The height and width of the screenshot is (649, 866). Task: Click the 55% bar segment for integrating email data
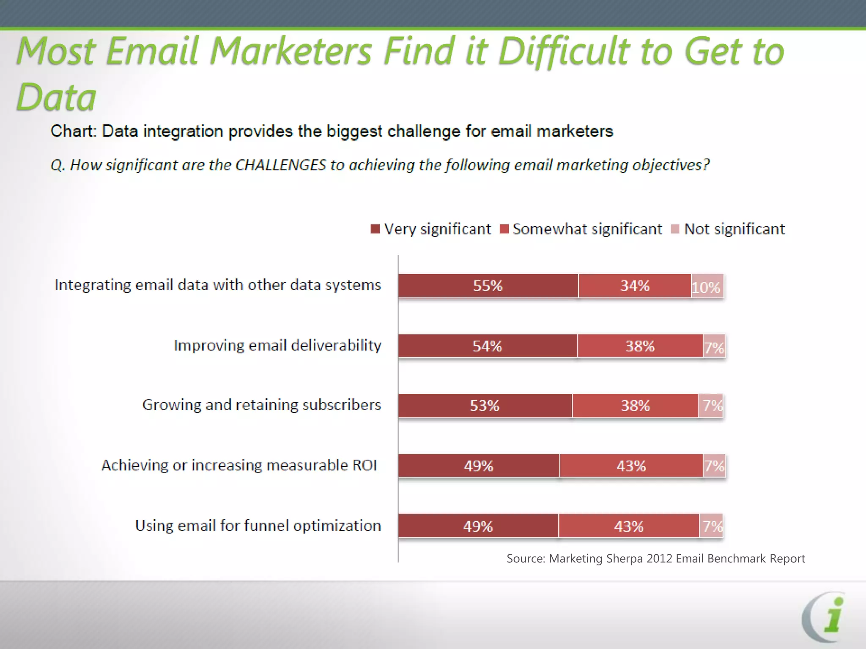tap(488, 286)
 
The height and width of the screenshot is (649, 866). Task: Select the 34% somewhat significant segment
tap(635, 286)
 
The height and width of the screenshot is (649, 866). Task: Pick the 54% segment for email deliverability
tap(488, 346)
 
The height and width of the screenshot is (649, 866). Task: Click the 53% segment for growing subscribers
tap(485, 406)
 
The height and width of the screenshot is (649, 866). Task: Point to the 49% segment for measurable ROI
tap(479, 466)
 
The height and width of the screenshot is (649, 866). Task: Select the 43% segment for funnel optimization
tap(629, 526)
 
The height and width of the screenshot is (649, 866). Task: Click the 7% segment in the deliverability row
tap(714, 346)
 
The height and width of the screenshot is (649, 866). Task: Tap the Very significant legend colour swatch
tap(375, 229)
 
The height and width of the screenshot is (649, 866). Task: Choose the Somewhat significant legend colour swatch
tap(504, 229)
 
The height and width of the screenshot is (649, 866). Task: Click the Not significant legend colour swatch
tap(675, 229)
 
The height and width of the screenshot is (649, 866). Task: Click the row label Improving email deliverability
tap(277, 346)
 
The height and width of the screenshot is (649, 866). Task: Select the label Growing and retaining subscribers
tap(261, 405)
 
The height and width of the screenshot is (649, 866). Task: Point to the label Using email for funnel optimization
tap(258, 526)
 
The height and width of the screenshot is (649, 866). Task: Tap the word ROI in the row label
tap(364, 465)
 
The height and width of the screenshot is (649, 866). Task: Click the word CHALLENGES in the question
tap(280, 165)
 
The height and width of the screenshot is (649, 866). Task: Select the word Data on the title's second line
tap(56, 97)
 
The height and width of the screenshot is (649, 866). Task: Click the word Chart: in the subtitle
tap(74, 131)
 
